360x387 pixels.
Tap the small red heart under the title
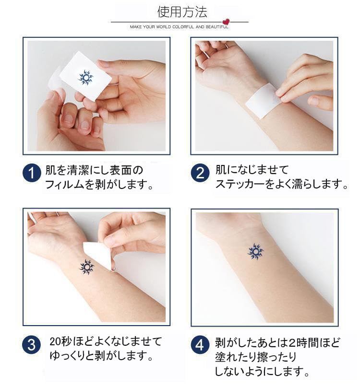[x=226, y=22]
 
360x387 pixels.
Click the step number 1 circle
[x=32, y=173]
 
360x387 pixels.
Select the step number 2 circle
[x=200, y=173]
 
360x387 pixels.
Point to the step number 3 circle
[x=32, y=345]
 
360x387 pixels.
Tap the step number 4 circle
[x=200, y=345]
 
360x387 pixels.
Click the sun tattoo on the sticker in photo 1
[x=86, y=77]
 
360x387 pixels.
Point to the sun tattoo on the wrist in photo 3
[x=87, y=266]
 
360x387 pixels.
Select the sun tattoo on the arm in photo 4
[x=255, y=251]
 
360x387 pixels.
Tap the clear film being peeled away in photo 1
[x=55, y=82]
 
